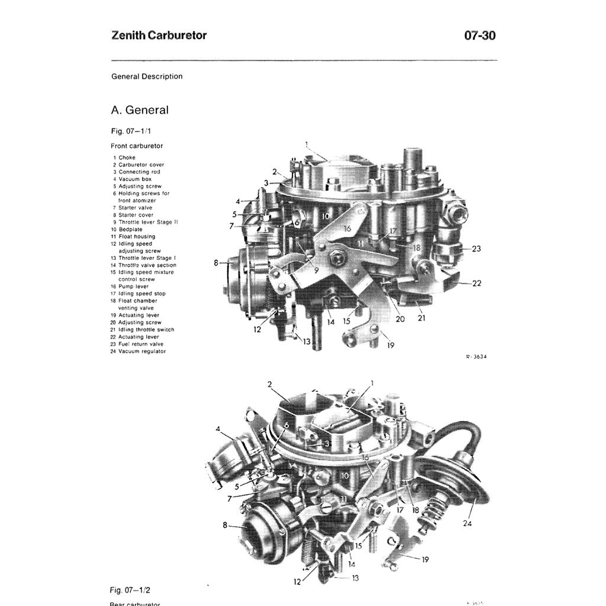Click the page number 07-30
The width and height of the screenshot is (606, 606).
(480, 36)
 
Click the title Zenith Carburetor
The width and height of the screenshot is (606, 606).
(159, 36)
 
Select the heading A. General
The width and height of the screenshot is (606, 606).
(140, 110)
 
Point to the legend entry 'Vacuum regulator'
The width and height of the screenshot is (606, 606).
(142, 351)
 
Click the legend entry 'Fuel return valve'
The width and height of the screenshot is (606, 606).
(141, 344)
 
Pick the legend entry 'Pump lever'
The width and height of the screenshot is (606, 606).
(133, 286)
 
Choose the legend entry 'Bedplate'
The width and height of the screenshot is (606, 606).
(130, 229)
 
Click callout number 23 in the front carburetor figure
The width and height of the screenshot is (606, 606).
(476, 249)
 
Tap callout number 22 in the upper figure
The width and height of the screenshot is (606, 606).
(476, 283)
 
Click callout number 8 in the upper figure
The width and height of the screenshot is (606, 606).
(217, 262)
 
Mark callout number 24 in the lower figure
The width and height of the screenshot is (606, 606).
(467, 523)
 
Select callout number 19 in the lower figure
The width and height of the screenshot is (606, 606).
(425, 559)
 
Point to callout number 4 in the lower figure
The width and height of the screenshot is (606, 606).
(218, 428)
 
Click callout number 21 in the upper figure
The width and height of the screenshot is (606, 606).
(422, 318)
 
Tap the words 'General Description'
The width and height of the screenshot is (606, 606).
(147, 76)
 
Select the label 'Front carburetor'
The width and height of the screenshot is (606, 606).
(137, 146)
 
